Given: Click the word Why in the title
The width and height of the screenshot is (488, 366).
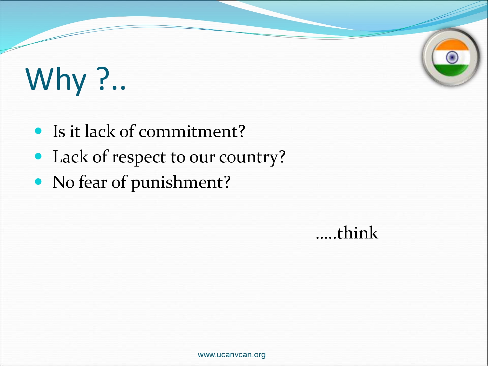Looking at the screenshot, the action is coord(56,80).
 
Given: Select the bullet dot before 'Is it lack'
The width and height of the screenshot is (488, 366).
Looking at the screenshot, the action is coord(38,131).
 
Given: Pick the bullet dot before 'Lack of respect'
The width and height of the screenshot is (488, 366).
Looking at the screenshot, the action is coord(38,156).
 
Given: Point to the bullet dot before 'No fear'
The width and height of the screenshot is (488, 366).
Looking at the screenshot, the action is coord(38,182).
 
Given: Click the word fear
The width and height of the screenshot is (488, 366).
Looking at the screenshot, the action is coord(93,182).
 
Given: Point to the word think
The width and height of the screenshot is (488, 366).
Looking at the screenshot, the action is coord(358,232).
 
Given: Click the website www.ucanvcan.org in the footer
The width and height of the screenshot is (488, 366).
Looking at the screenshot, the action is coord(232,355).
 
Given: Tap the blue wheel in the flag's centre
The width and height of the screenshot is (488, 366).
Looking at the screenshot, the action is coord(452,57).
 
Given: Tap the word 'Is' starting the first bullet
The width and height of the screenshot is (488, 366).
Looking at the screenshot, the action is coord(59,131).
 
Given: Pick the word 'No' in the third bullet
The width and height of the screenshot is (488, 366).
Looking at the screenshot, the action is coord(63,182).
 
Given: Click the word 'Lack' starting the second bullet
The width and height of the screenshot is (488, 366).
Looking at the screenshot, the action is coord(71,157).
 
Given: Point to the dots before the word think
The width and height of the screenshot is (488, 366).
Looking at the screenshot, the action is coord(326,238).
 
